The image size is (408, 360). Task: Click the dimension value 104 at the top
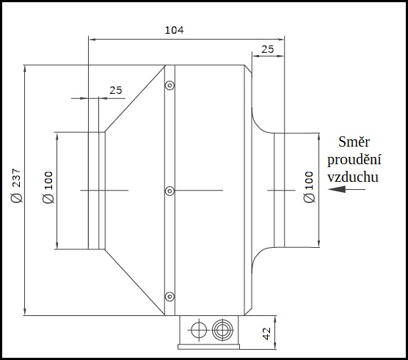tap(174, 30)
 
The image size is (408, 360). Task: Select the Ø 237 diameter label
tap(16, 185)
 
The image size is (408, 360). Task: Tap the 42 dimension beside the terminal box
tap(266, 334)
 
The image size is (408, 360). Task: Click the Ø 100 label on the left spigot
tap(48, 187)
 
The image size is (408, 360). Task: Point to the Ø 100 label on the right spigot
tap(309, 187)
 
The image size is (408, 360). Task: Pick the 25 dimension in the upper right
tap(268, 49)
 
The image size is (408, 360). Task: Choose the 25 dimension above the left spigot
tap(115, 90)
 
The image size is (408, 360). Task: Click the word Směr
tap(354, 142)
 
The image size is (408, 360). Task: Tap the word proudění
tap(354, 159)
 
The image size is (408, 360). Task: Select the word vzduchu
tap(353, 177)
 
